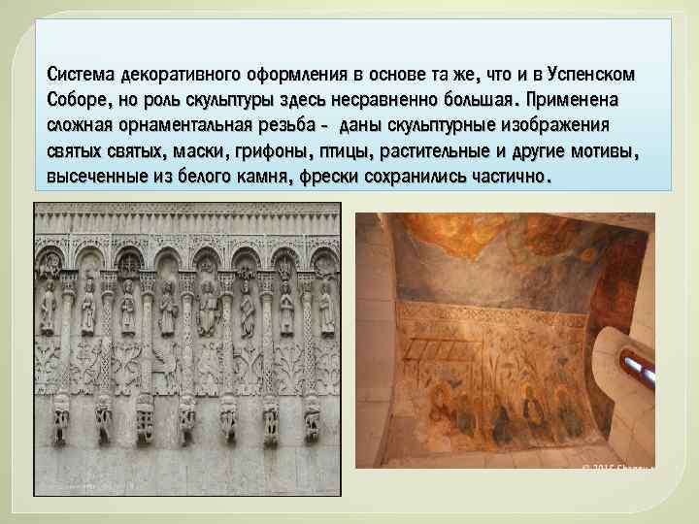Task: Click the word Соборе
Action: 77,100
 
